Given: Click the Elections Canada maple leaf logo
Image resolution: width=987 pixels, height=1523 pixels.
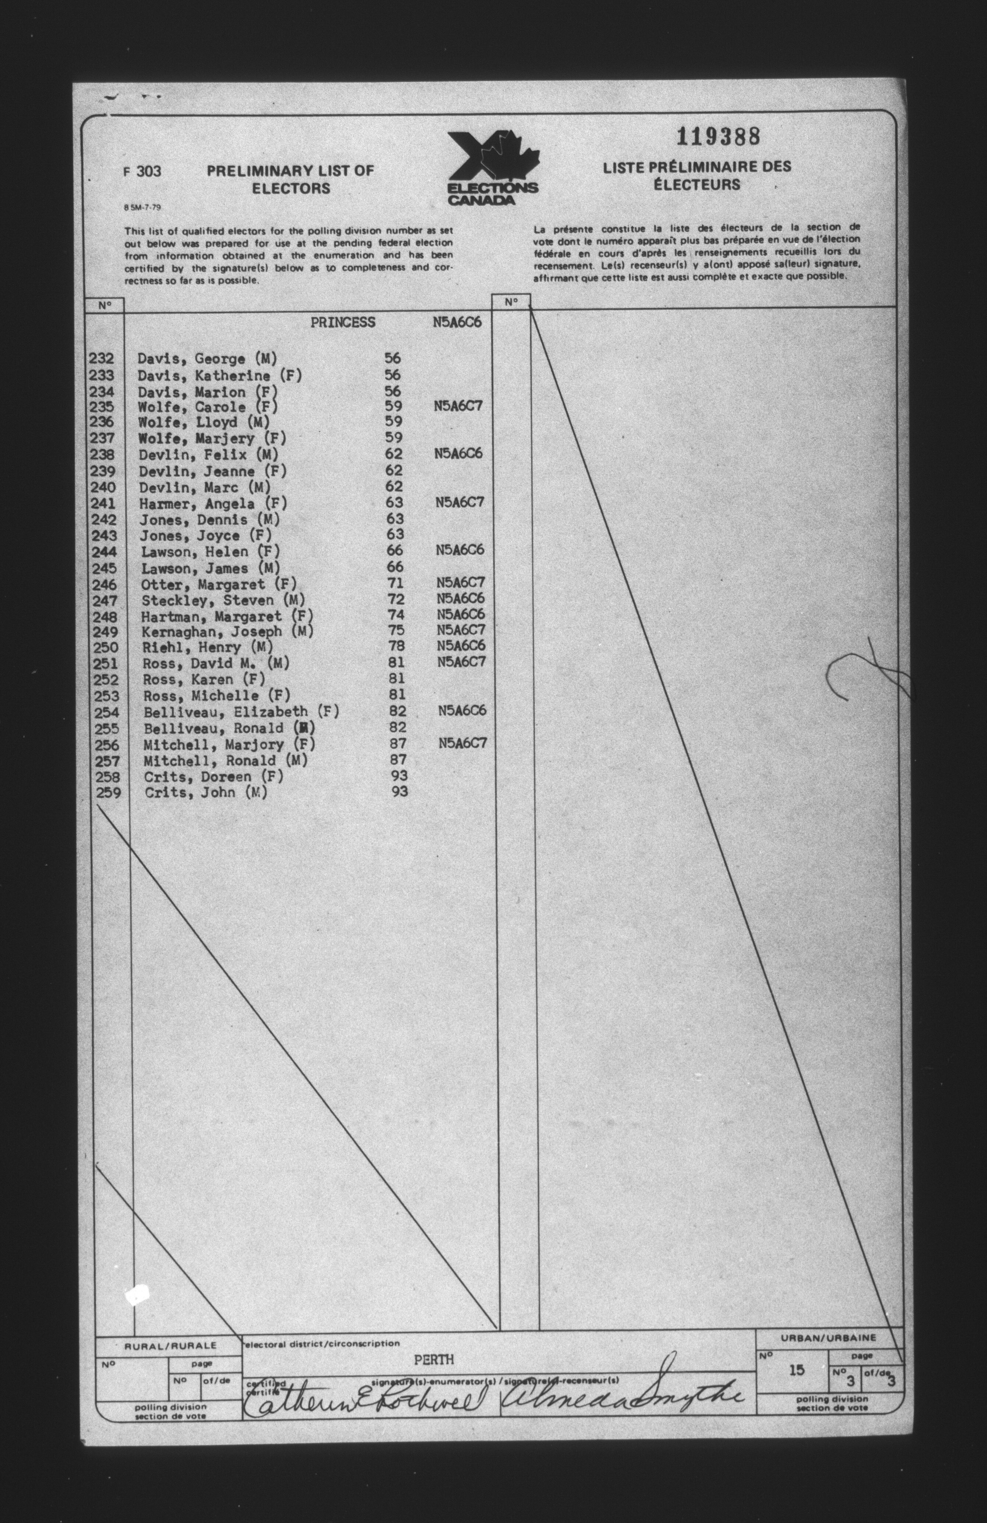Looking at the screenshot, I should tap(492, 167).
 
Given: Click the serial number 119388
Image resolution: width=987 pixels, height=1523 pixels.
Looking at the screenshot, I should tap(719, 136).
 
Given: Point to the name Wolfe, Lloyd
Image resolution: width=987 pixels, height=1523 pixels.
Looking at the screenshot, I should tap(204, 422).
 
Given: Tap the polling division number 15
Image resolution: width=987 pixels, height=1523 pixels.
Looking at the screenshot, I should tap(796, 1387).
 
